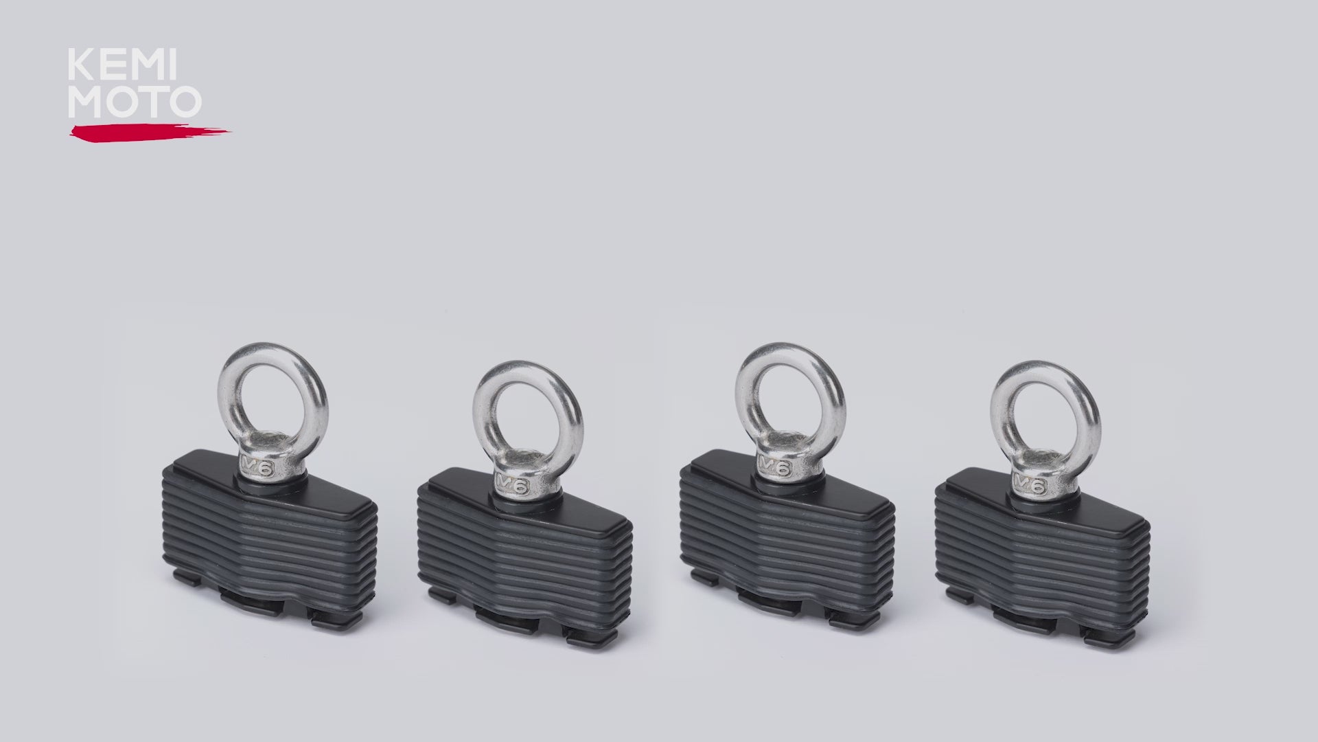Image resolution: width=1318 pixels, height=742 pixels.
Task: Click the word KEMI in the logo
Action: (x=122, y=66)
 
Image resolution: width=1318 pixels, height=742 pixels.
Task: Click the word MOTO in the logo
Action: (x=135, y=101)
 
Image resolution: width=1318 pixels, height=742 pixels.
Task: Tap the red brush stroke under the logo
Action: (x=149, y=133)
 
